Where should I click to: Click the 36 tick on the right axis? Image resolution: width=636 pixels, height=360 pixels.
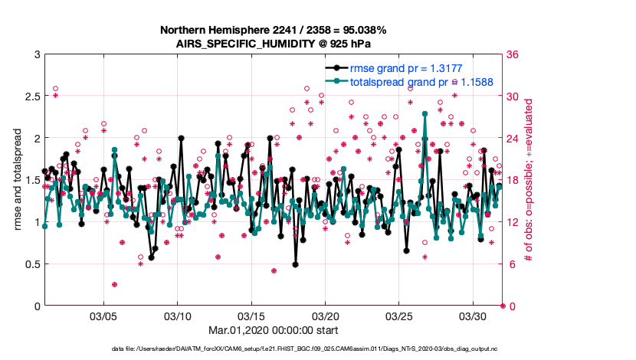click(513, 55)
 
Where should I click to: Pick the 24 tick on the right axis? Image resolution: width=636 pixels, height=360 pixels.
click(513, 139)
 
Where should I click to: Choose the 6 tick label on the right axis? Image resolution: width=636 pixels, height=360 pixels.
click(510, 264)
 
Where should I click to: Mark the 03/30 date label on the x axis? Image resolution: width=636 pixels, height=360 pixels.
click(472, 316)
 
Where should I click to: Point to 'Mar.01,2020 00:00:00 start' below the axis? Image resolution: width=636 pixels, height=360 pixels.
click(273, 330)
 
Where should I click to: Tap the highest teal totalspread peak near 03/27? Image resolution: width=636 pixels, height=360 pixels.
click(425, 113)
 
